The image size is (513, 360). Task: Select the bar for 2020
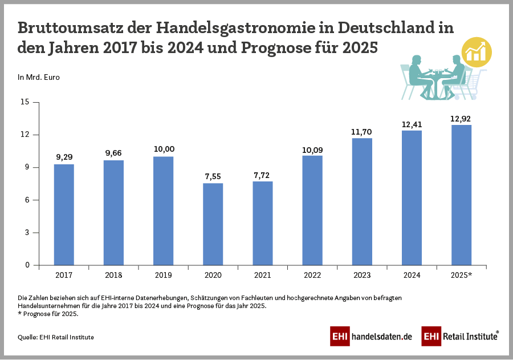(213, 224)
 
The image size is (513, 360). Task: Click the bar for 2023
(362, 201)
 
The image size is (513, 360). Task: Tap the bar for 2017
(64, 215)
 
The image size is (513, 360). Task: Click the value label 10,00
(164, 149)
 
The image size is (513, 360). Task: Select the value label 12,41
(412, 123)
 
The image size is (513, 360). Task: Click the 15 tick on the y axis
(25, 102)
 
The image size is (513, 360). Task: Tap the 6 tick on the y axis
(26, 200)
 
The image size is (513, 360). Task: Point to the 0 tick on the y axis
(26, 265)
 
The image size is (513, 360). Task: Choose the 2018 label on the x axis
(113, 276)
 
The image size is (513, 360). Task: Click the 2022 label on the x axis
(312, 276)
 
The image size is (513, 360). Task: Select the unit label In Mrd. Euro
(39, 77)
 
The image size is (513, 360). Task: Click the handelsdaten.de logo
(371, 337)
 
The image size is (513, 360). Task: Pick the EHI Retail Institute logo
(460, 337)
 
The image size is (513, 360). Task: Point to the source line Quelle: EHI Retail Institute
(56, 337)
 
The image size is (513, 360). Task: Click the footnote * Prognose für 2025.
(48, 314)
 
